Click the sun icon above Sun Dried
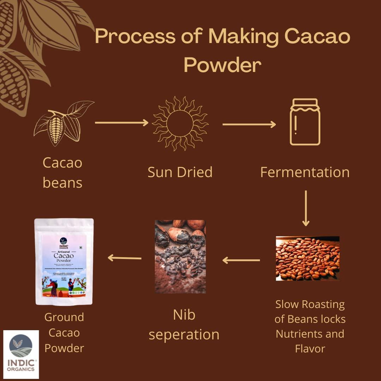(x=180, y=123)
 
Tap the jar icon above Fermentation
(x=305, y=122)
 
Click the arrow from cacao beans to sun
(x=121, y=122)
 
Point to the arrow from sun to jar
(x=249, y=124)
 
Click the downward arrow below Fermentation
(x=306, y=208)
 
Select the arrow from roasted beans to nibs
(x=241, y=260)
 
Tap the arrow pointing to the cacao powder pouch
(x=124, y=258)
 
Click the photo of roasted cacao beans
(x=307, y=258)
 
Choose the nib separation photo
(x=180, y=256)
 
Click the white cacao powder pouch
(x=64, y=261)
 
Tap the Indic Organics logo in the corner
(x=21, y=354)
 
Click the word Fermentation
(x=305, y=172)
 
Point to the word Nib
(x=184, y=315)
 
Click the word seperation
(x=184, y=334)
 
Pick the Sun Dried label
(x=180, y=172)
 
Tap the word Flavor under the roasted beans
(x=310, y=349)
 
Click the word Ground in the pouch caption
(x=64, y=317)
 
